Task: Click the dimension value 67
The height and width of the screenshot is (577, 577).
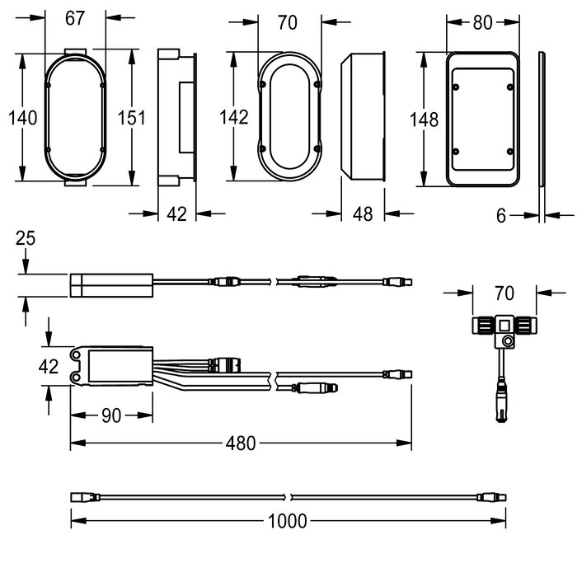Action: coord(75,18)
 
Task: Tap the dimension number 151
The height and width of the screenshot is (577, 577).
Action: coord(131,118)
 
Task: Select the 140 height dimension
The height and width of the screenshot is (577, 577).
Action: coord(23,118)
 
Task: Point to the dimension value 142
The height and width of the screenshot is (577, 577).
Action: coord(233,117)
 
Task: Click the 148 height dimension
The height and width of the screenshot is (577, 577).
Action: coord(424,120)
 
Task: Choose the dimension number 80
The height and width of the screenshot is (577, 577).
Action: coord(482,22)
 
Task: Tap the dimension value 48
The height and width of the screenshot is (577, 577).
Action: coord(363,213)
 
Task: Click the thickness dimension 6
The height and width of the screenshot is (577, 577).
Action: coord(501,216)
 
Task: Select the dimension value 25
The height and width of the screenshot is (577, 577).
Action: coord(26,238)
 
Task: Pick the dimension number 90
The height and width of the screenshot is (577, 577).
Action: coord(111,415)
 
